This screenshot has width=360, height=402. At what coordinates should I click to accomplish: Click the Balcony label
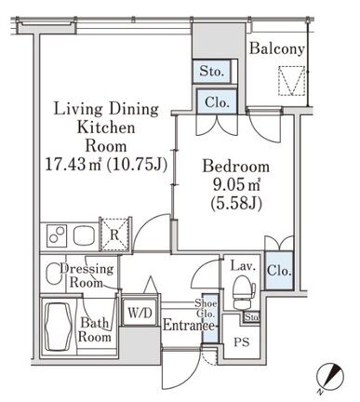[x=277, y=49]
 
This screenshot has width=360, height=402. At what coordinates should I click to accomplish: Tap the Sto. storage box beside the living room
[x=211, y=71]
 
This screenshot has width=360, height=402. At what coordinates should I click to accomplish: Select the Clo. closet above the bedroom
[x=217, y=101]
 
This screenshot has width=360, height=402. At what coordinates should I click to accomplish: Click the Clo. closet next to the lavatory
[x=279, y=271]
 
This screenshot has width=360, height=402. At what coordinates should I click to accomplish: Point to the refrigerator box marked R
[x=114, y=234]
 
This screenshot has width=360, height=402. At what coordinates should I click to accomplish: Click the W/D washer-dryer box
[x=140, y=313]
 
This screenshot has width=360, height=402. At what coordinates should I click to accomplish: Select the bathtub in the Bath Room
[x=60, y=327]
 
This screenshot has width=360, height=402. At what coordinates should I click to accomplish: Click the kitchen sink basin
[x=86, y=235]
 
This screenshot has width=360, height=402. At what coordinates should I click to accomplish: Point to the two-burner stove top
[x=57, y=235]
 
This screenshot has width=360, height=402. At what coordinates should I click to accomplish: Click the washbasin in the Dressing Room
[x=53, y=274]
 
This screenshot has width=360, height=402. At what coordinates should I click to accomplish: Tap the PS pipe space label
[x=242, y=342]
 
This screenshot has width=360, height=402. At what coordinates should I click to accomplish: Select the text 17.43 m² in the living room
[x=73, y=164]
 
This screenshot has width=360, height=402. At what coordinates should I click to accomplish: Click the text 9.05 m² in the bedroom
[x=236, y=184]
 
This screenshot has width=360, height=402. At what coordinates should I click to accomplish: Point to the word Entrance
[x=189, y=326]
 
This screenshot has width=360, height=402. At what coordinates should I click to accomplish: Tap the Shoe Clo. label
[x=206, y=308]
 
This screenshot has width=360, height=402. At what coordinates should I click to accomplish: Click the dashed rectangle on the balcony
[x=291, y=81]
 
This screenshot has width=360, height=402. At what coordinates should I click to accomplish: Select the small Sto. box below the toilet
[x=251, y=317]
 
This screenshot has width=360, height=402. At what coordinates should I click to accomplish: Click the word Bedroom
[x=236, y=167]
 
